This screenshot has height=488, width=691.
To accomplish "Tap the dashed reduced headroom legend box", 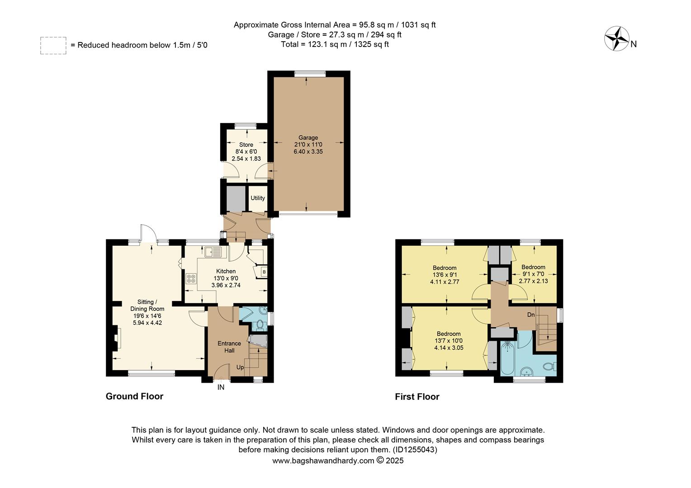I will coord(53,46).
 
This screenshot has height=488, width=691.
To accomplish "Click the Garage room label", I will coord(308,138).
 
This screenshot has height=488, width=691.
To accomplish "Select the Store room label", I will coord(246,145).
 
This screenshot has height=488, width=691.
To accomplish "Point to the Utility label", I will coord(258,198).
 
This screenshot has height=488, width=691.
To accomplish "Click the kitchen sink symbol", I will coord(212,252).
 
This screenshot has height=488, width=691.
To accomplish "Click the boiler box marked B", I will coord(264,272).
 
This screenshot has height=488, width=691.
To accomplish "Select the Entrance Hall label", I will coord(229,347).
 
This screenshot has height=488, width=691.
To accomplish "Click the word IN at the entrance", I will coord(221,387).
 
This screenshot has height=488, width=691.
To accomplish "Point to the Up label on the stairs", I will coord(240,367).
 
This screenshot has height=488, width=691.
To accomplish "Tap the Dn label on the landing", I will coord(531,314).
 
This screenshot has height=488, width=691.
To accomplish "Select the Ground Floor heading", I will coord(134,396).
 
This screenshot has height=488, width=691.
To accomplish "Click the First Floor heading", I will coord(417,397).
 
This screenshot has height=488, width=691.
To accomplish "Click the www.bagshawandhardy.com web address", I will coord(323,461).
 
